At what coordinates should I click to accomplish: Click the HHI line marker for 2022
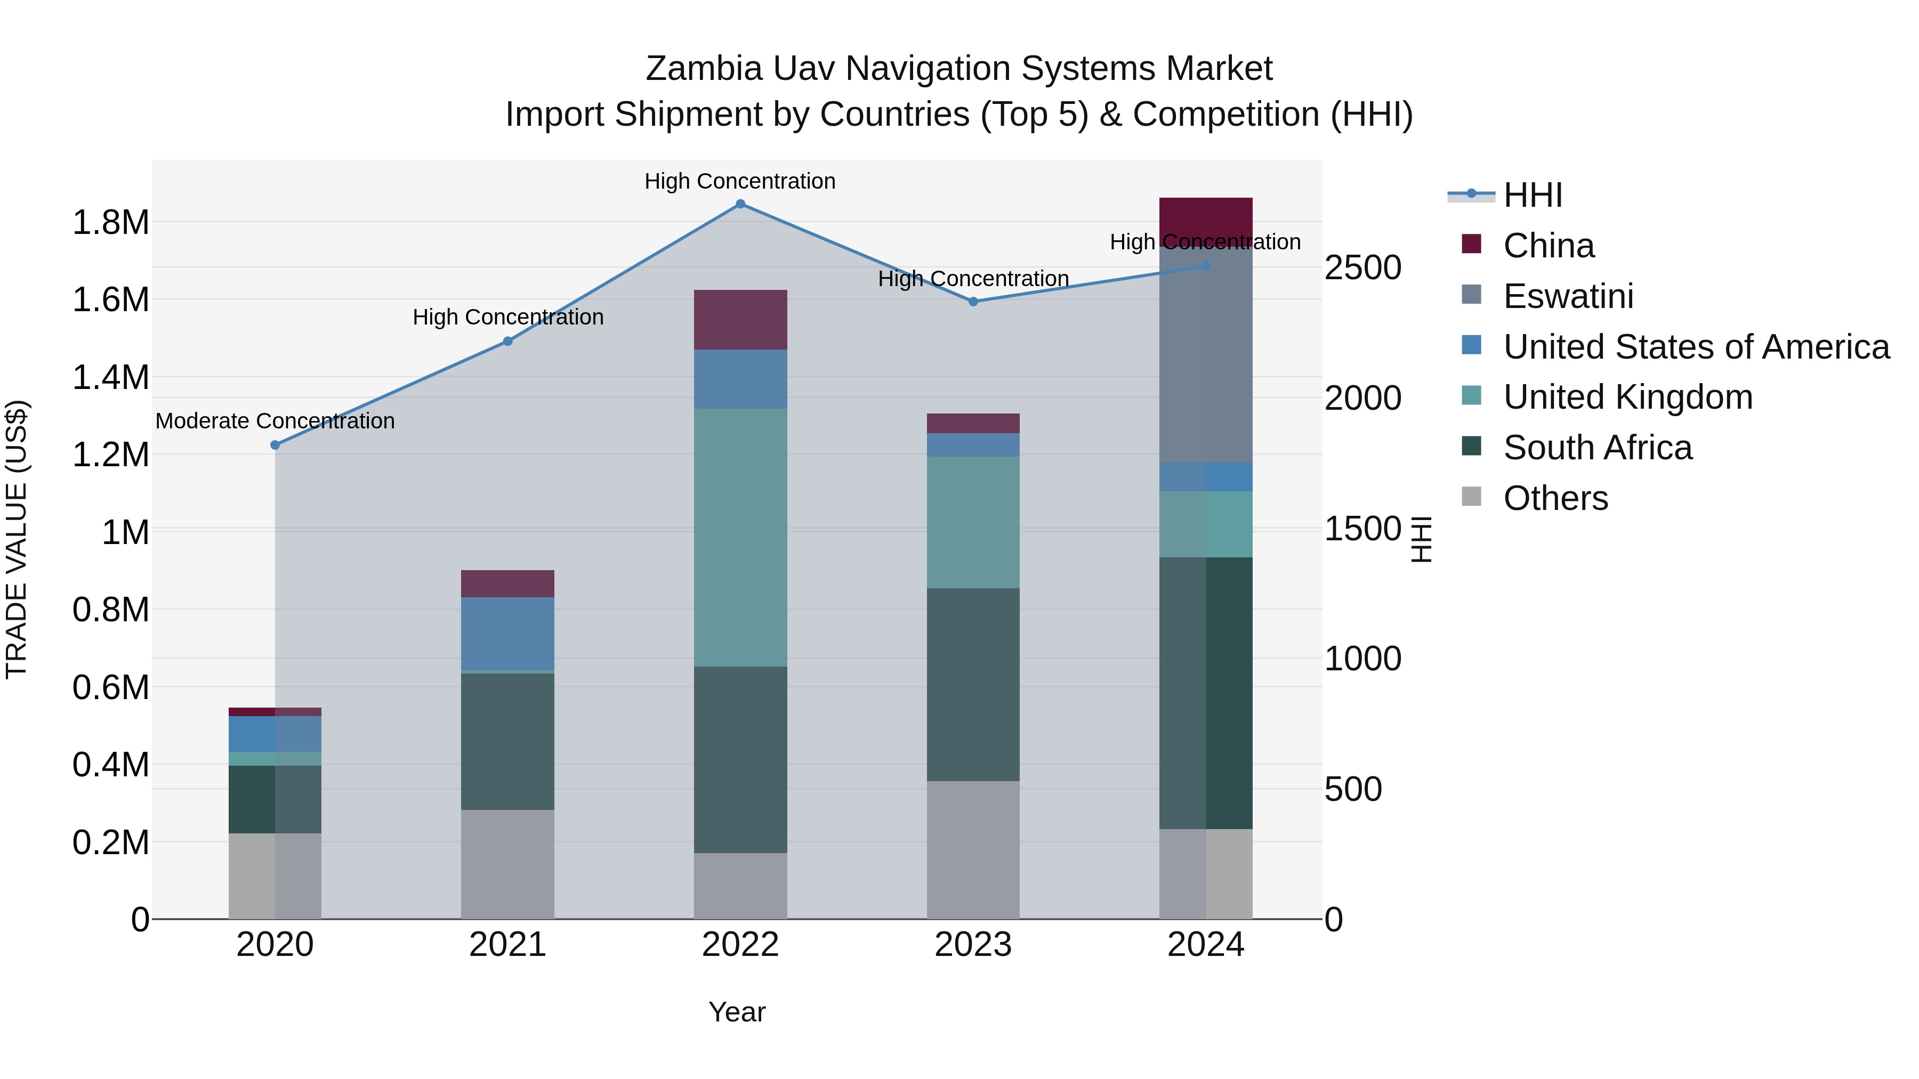tap(740, 204)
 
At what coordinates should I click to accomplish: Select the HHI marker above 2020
tap(275, 445)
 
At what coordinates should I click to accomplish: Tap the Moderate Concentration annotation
tap(275, 421)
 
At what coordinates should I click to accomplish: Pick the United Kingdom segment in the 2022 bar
tap(740, 537)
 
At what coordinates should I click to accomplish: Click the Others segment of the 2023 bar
tap(973, 850)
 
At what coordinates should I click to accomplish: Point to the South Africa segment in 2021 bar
tap(507, 741)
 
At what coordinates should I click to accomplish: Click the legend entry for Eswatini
tap(1568, 296)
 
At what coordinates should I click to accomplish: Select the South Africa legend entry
tap(1597, 448)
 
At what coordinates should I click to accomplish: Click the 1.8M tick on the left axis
tap(110, 223)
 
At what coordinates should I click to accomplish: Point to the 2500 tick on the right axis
tap(1362, 268)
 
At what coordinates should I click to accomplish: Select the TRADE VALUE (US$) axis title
tap(17, 539)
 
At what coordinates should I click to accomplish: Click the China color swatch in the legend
tap(1471, 244)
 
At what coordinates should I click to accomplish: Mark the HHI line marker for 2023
tap(973, 302)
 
